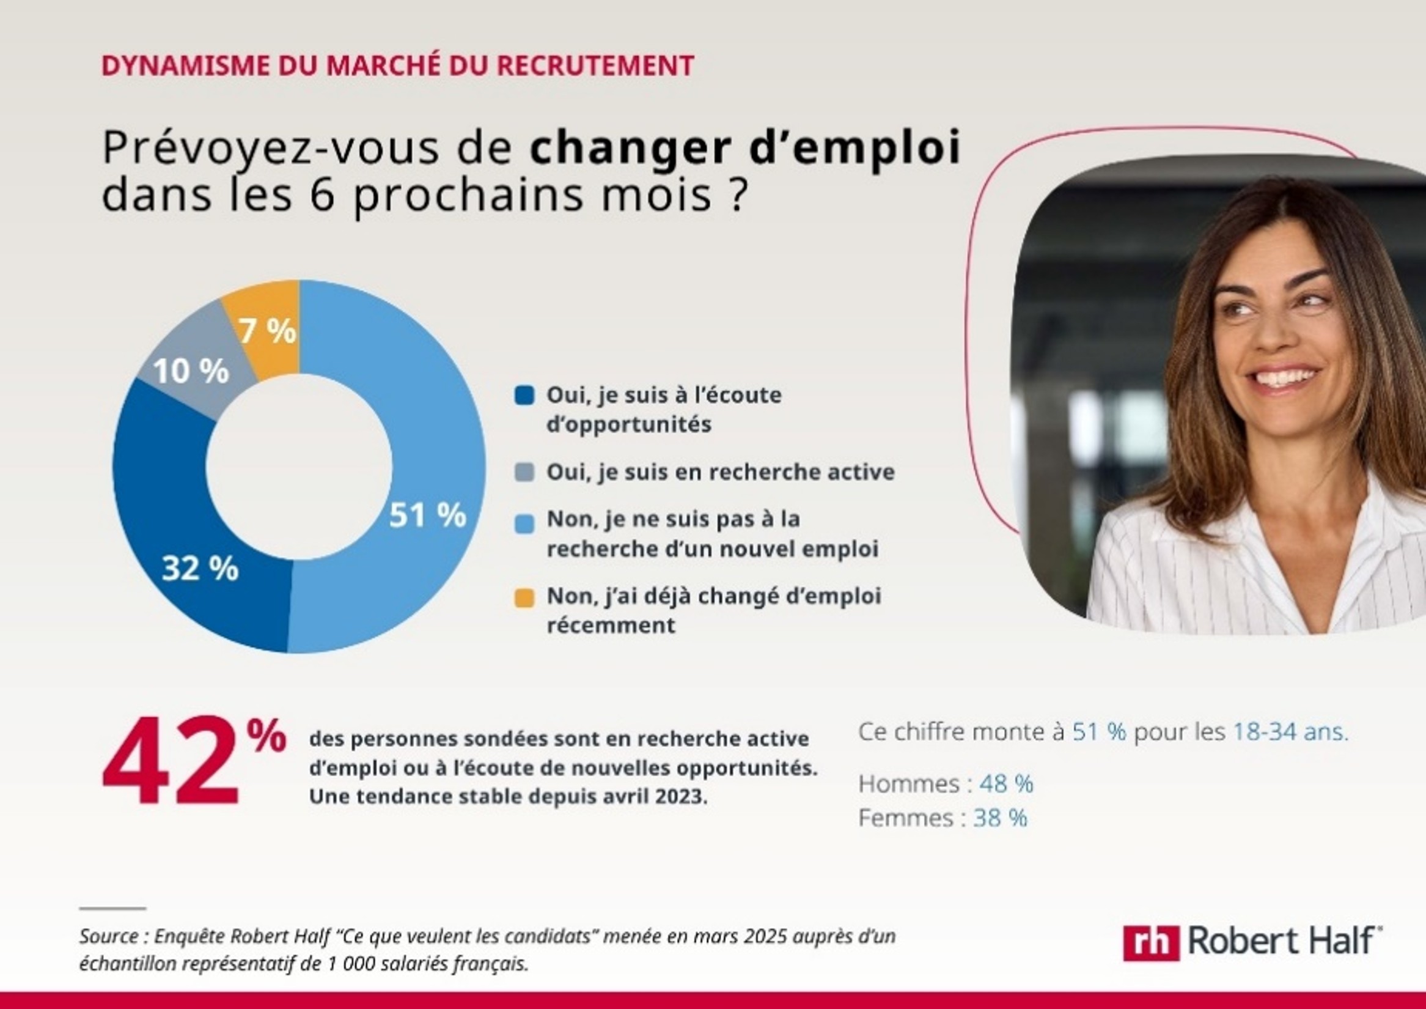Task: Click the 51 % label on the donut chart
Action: (x=427, y=515)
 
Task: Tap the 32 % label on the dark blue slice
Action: (x=200, y=568)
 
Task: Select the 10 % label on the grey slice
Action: (x=191, y=371)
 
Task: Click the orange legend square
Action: (x=524, y=599)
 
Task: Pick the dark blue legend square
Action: (x=524, y=396)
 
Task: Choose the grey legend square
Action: (x=524, y=473)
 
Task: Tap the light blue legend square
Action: (x=524, y=523)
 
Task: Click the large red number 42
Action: (x=171, y=763)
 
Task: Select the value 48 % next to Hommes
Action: (x=1006, y=784)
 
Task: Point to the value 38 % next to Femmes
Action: (x=1000, y=818)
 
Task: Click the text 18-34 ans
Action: (x=1290, y=732)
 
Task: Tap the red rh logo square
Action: (x=1150, y=943)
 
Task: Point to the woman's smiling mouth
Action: (x=1284, y=378)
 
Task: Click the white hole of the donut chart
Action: (x=299, y=467)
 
